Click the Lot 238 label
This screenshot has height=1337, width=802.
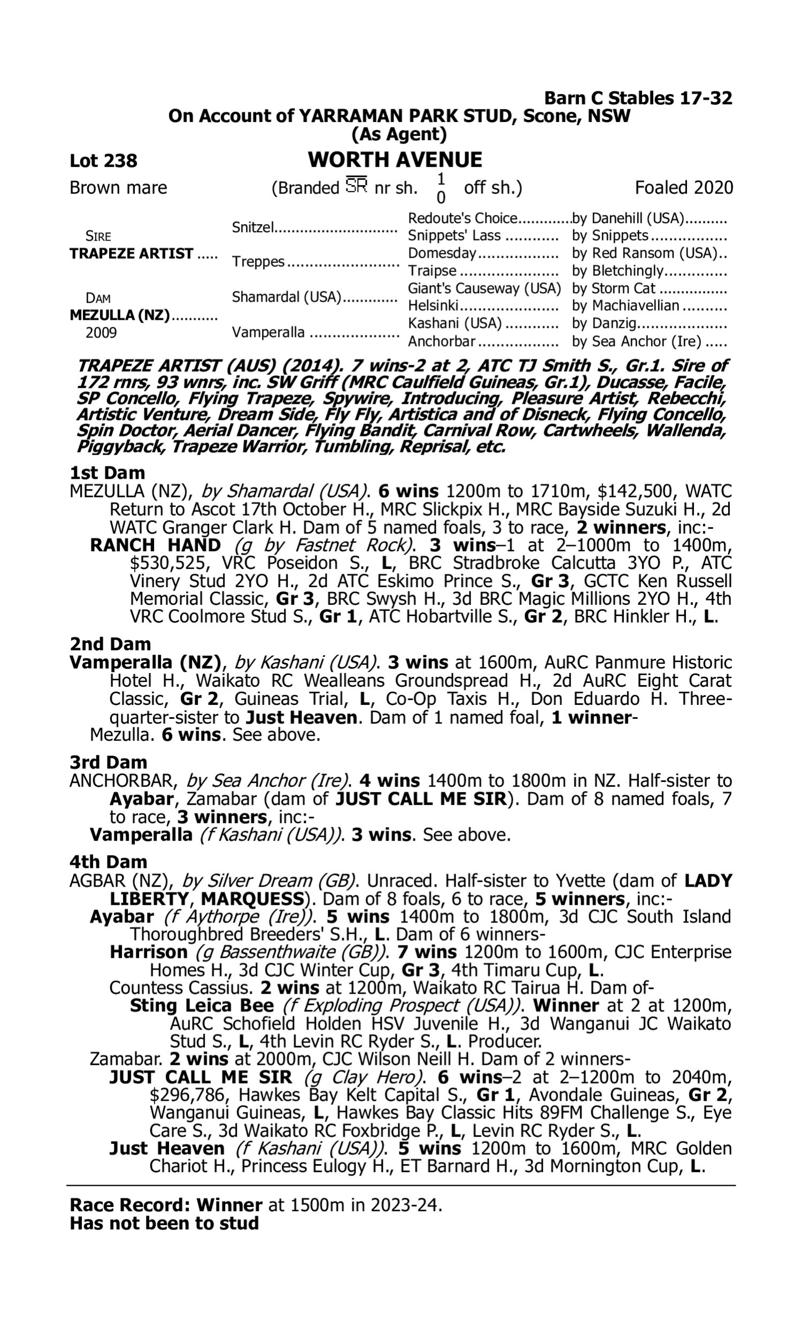coord(103,160)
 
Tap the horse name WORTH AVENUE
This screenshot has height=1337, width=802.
coord(395,159)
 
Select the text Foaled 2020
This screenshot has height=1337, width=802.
coord(684,188)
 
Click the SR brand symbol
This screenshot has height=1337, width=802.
coord(356,186)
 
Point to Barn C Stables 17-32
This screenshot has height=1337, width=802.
coord(638,98)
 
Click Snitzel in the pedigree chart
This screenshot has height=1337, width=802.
coord(252,227)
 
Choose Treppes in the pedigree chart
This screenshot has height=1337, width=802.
coord(258,262)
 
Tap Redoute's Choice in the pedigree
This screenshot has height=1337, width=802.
coord(462,218)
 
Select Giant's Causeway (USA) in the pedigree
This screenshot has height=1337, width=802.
coord(484,288)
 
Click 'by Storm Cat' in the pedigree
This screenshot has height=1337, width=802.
coord(613,288)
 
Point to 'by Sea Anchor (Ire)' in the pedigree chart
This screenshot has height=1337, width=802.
coord(637,341)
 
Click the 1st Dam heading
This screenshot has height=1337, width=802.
coord(107,473)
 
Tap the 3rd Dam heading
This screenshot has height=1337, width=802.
coord(109,762)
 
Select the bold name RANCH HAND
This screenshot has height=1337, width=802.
coord(156,545)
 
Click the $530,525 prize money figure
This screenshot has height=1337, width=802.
coord(169,563)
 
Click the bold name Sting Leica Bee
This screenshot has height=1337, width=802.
coord(202,1006)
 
